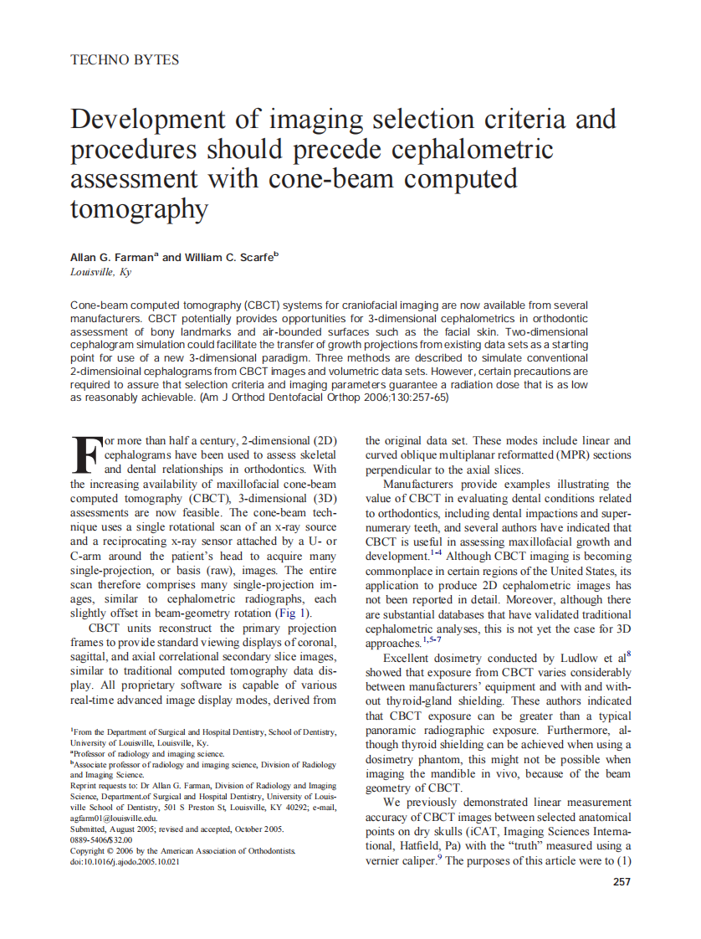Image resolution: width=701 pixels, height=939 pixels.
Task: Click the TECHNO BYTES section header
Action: (125, 60)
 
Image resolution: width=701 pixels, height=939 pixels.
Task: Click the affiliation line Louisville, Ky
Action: (101, 272)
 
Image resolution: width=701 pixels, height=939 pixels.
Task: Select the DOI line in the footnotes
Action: (125, 861)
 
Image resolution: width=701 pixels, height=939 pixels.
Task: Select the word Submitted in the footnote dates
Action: (91, 829)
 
